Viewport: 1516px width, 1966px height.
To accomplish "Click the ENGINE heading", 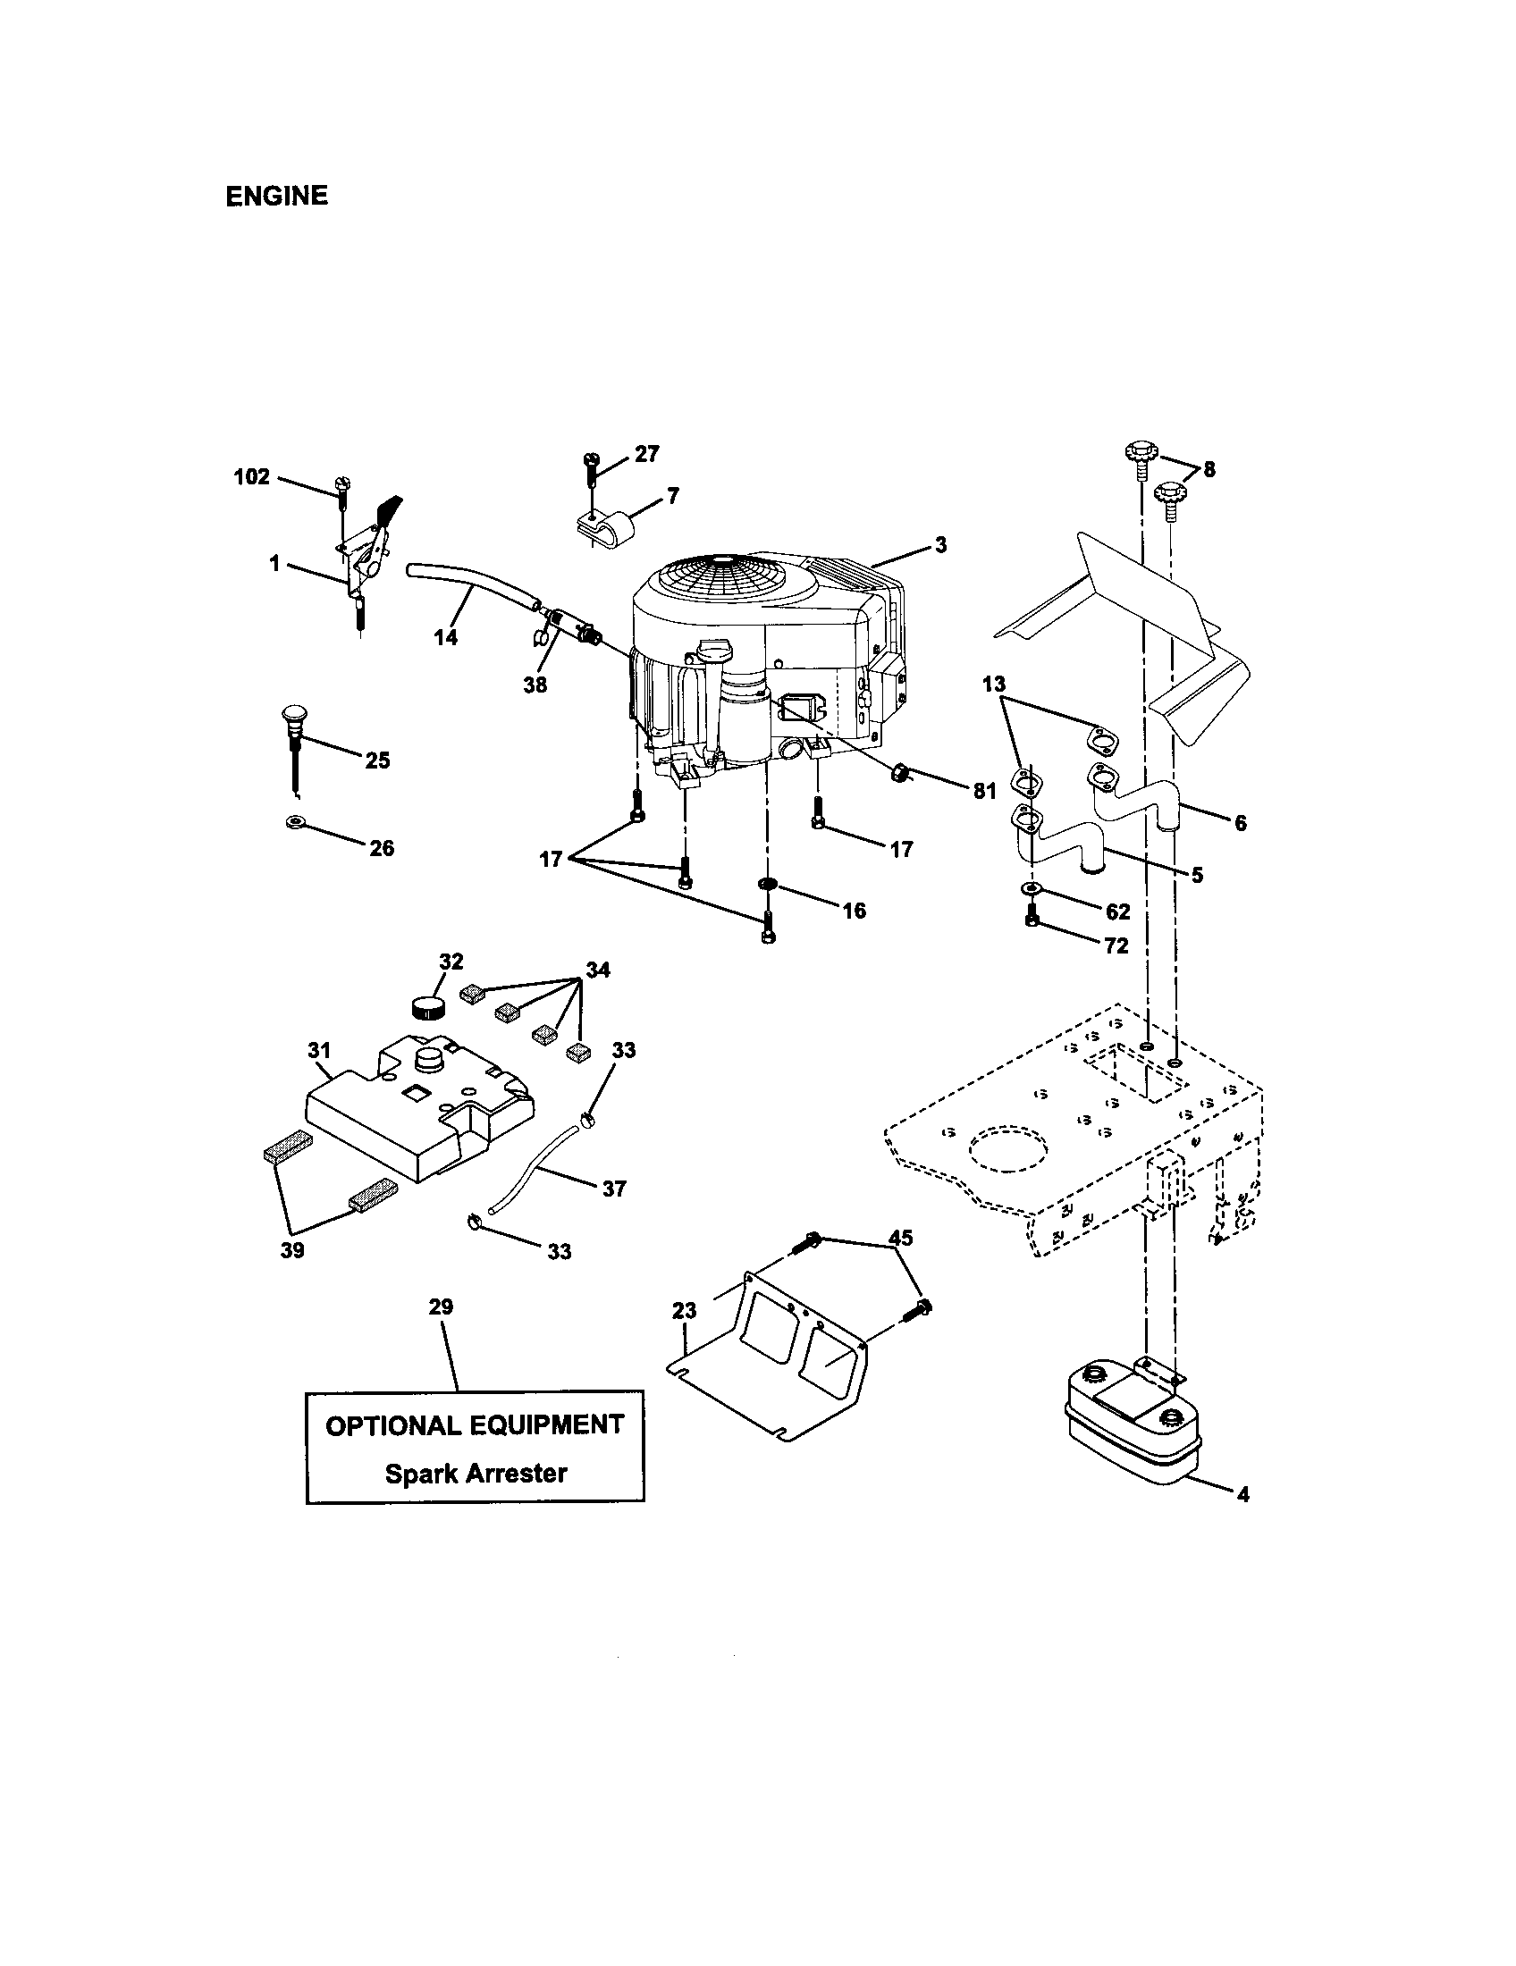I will (x=276, y=197).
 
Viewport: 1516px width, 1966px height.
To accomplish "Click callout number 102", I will (x=252, y=476).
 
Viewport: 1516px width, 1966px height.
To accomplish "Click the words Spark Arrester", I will (x=476, y=1474).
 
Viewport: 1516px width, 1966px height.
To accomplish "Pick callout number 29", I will (x=440, y=1306).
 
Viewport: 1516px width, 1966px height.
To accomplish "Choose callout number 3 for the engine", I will (x=939, y=544).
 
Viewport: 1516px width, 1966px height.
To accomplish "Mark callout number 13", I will (x=993, y=685).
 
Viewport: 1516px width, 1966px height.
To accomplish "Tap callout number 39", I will (x=291, y=1250).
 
